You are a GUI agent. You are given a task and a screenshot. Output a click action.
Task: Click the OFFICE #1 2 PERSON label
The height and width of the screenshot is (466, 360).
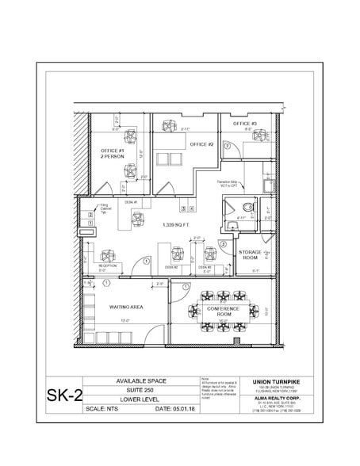112,154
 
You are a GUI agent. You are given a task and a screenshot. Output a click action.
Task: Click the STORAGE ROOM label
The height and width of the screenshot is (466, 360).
251,255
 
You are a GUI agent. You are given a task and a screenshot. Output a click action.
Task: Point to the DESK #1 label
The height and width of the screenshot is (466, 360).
132,202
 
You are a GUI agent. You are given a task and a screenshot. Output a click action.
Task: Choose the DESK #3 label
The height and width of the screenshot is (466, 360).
205,267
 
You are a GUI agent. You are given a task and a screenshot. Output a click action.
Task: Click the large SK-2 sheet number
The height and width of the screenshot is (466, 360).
67,393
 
